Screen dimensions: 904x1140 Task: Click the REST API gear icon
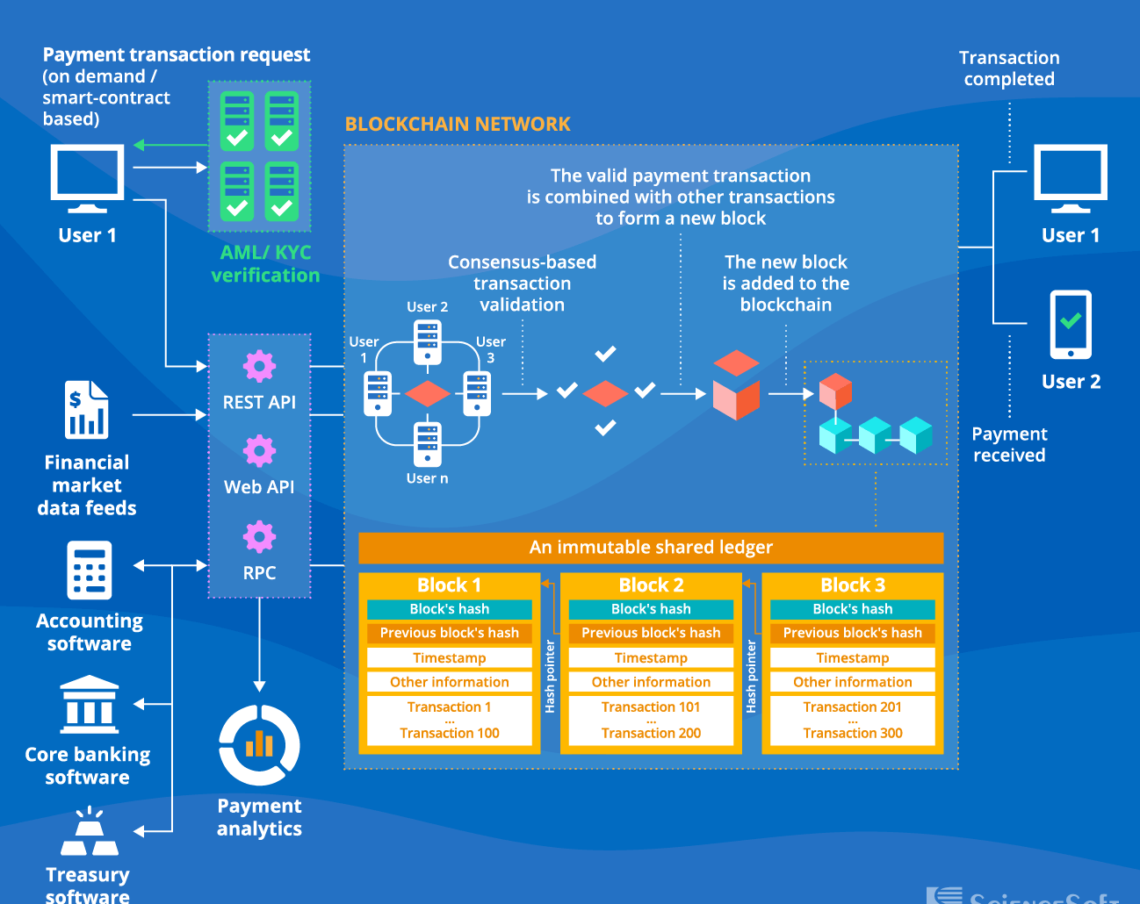coord(259,366)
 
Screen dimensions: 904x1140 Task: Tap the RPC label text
coord(259,573)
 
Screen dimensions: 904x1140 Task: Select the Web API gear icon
coord(259,451)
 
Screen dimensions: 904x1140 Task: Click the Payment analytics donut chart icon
coord(259,745)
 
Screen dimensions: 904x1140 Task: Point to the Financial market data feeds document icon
coord(86,410)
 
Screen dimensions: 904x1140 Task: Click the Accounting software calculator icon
coord(89,570)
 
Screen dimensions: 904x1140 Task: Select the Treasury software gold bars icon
coord(89,833)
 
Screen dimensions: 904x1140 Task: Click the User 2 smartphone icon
coord(1071,325)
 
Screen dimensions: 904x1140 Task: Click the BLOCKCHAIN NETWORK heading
coord(458,125)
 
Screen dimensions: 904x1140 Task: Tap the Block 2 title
coord(651,585)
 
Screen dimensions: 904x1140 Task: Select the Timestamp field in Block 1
coord(449,658)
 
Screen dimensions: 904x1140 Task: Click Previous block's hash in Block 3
coord(852,633)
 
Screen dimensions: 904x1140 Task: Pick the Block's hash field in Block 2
coord(651,609)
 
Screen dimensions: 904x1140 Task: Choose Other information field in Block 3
coord(852,682)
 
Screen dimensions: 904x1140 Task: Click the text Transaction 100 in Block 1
coord(449,733)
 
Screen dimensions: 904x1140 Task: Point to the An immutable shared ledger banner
coord(651,548)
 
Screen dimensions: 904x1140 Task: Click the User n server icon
coord(428,444)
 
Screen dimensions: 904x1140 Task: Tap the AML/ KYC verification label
coord(265,264)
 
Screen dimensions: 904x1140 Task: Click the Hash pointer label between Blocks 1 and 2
coord(550,676)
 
